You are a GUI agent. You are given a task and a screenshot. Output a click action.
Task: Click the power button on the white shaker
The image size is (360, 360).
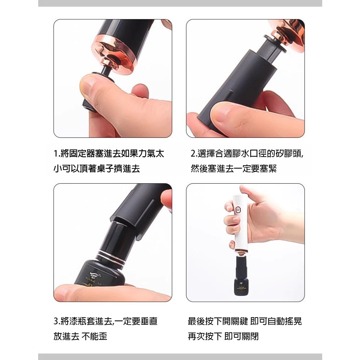coord(238,210)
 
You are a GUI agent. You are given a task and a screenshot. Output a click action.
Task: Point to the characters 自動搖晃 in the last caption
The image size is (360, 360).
coord(284,321)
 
